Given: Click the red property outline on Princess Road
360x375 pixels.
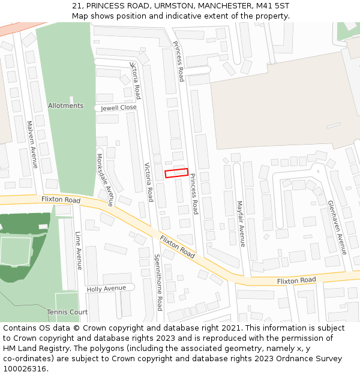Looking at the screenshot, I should tap(176, 173).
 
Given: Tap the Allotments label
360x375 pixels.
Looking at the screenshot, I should tap(65, 106).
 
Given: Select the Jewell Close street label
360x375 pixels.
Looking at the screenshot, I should tap(119, 108).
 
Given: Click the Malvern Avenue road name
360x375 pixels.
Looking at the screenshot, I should tap(32, 145).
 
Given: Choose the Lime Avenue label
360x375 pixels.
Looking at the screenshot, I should tap(79, 251).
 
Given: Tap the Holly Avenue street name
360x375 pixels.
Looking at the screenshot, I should tap(106, 288).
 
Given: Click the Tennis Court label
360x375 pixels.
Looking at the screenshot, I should tap(68, 312).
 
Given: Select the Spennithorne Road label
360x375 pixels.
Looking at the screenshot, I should tap(158, 282).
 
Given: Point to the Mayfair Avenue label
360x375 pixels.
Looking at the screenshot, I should tap(240, 224).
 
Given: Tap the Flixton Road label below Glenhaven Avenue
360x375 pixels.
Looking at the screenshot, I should tap(296, 281).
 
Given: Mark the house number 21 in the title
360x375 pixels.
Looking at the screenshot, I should tap(77, 5).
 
